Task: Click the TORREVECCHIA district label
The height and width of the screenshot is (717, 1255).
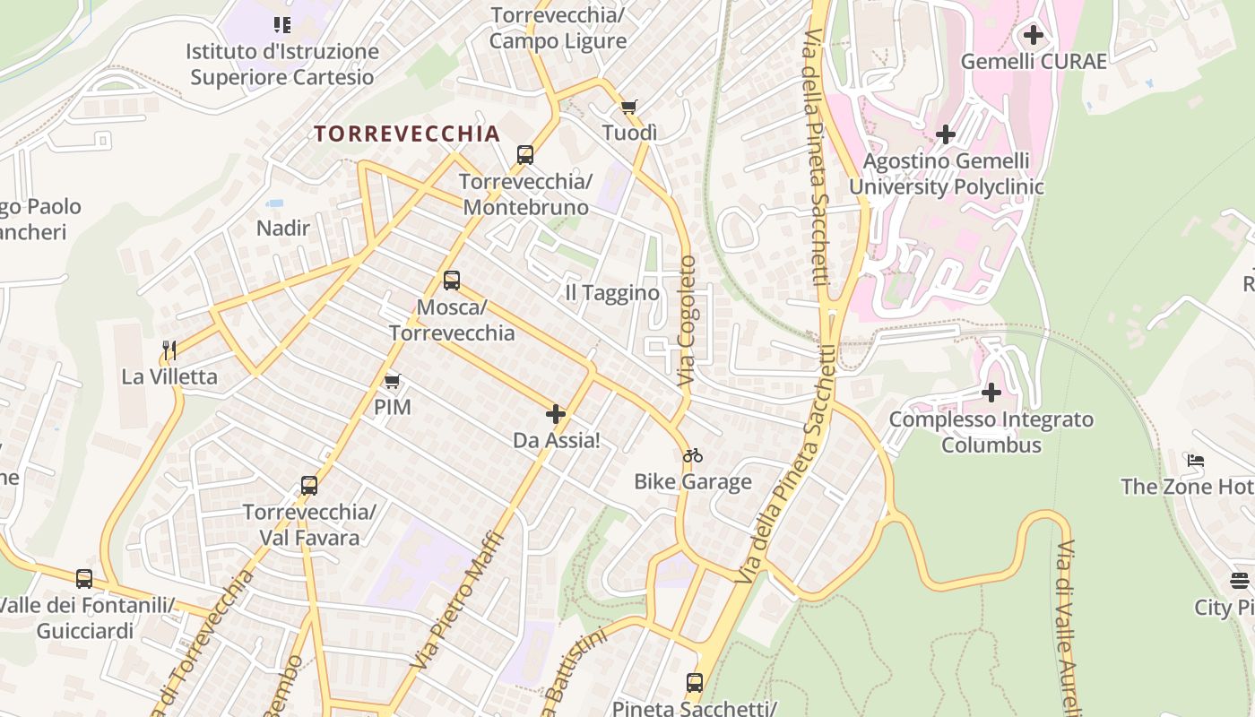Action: pos(407,134)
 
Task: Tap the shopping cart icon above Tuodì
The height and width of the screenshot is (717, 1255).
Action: pos(629,108)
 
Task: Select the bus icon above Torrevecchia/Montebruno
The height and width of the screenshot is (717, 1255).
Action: pos(525,155)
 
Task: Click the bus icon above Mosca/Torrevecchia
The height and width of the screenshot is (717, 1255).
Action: pos(452,281)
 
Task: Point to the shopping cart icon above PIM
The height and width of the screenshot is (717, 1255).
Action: pos(392,382)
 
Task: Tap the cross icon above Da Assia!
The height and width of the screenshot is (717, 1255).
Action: pos(556,414)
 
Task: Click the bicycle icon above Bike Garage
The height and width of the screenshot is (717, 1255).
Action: pos(692,455)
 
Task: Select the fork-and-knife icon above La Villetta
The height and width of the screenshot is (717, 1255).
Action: pos(169,350)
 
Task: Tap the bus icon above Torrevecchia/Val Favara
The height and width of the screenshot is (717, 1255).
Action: pos(309,486)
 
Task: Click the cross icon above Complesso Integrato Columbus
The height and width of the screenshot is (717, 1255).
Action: pos(991,393)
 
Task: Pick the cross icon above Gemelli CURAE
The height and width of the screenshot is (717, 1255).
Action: pos(1034,36)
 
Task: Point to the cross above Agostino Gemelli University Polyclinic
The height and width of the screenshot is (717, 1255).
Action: pos(946,134)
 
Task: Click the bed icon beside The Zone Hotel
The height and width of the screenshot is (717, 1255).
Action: pos(1195,462)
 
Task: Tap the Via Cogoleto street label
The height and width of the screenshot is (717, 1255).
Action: pos(688,322)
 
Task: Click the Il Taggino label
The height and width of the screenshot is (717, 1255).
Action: pos(612,293)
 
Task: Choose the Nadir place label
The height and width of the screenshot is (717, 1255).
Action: pos(283,228)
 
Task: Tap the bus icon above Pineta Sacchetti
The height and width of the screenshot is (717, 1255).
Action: pos(694,683)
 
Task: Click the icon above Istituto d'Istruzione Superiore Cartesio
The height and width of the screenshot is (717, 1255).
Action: pos(282,25)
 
